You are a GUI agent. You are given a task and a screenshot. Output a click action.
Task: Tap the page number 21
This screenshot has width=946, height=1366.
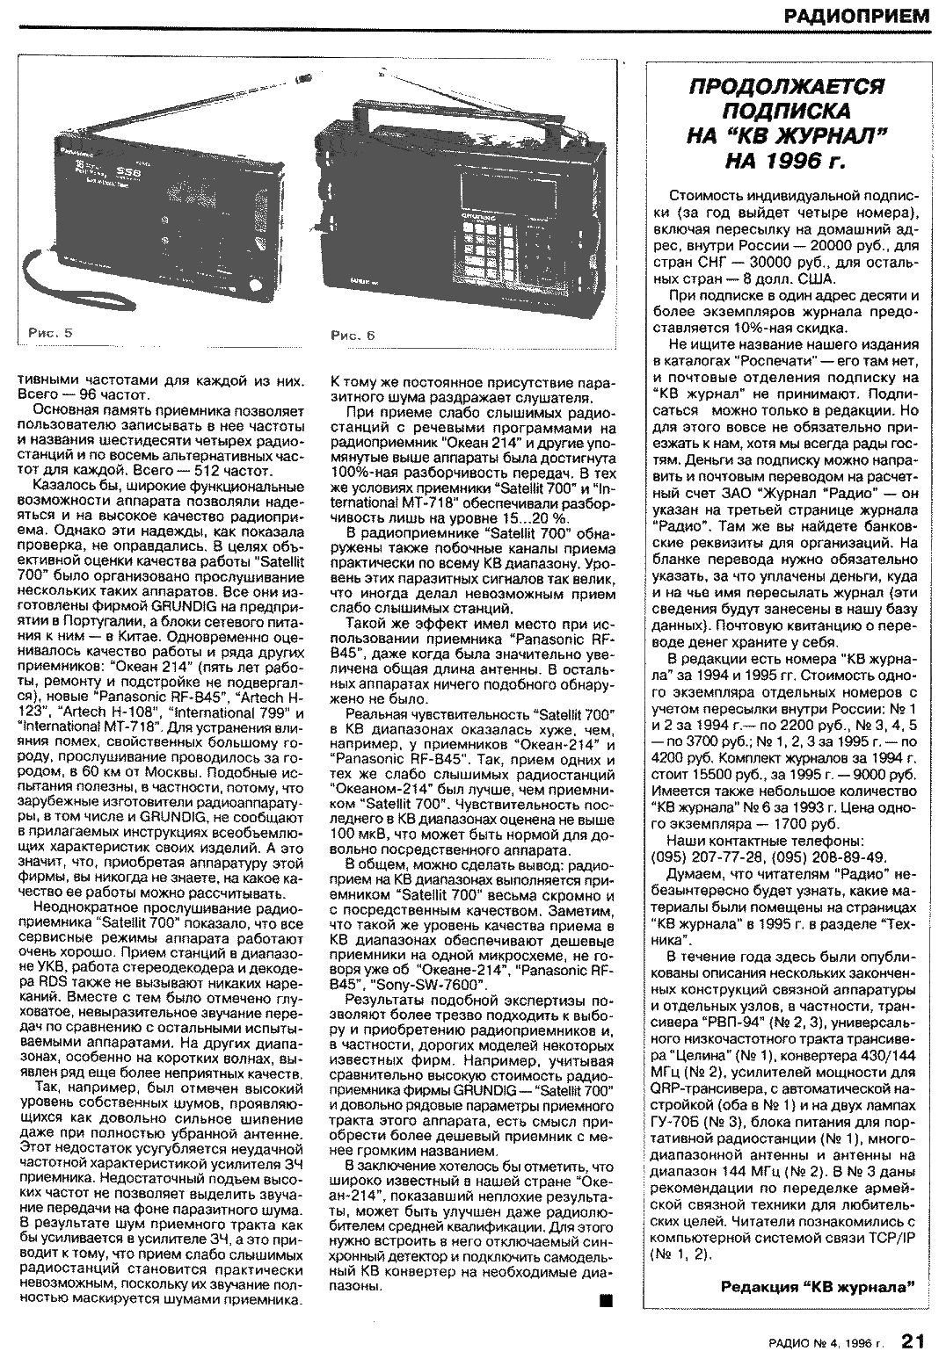click(x=912, y=1341)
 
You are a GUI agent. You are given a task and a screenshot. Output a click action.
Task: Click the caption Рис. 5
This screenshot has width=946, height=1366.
click(x=50, y=334)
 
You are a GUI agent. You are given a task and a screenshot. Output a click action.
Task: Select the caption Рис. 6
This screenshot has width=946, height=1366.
click(x=353, y=335)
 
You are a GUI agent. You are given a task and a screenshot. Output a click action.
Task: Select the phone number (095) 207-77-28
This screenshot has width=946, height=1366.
click(x=707, y=857)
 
